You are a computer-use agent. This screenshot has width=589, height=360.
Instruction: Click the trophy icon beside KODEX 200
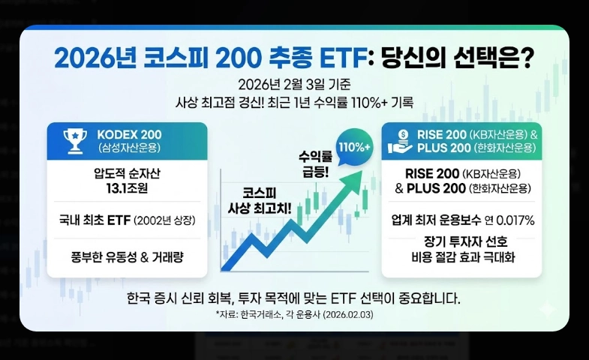pos(76,141)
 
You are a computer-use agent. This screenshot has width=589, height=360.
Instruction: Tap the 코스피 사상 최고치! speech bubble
pos(265,199)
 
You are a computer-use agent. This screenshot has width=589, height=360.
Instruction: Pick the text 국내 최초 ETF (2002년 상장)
pos(128,221)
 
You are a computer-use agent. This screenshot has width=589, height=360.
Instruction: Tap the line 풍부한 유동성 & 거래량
pos(128,256)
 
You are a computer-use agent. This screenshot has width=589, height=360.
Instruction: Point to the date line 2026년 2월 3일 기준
pos(294,83)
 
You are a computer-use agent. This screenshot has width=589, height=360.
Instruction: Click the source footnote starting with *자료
pos(294,315)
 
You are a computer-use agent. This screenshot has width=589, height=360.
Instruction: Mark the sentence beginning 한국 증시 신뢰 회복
pos(294,298)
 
